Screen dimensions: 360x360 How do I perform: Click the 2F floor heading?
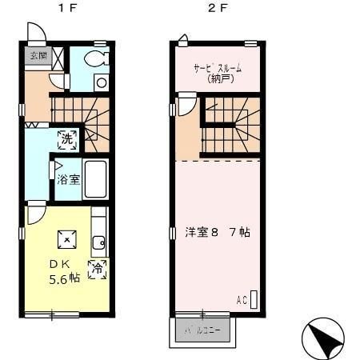point(216,10)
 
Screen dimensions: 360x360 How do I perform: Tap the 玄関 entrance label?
point(37,56)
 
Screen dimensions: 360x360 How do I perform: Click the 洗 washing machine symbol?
point(67,138)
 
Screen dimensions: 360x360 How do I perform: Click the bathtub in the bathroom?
point(97,179)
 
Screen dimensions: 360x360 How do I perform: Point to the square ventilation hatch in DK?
point(67,238)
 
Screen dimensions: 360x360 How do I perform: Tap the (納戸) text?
point(218,78)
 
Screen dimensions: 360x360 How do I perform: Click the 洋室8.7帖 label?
point(218,233)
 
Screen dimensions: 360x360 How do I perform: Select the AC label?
point(242,300)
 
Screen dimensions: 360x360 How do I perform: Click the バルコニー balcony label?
point(203,330)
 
